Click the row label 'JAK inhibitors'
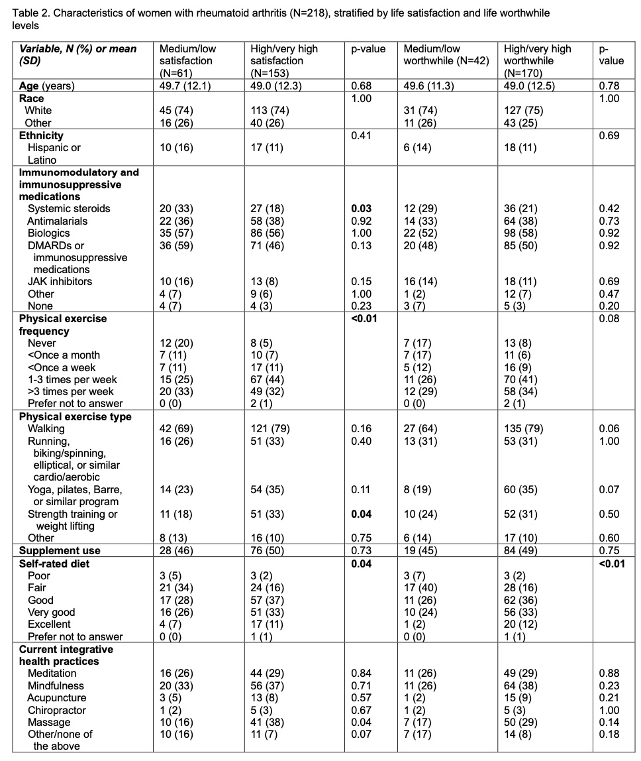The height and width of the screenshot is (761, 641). pos(60,282)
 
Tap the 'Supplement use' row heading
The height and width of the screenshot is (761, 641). pos(60,551)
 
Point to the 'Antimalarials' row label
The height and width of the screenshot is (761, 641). pos(57,221)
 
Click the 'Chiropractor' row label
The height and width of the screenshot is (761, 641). pos(56,710)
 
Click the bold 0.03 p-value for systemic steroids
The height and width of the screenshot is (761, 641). pos(361,209)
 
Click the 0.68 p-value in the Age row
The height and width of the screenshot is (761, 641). pos(361,86)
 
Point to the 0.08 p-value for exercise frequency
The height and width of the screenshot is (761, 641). pos(609,319)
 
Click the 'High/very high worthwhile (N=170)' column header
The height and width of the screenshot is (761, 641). pos(537,60)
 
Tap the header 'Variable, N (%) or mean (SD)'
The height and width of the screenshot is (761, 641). pos(77,54)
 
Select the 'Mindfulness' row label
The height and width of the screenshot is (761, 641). pos(55,685)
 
